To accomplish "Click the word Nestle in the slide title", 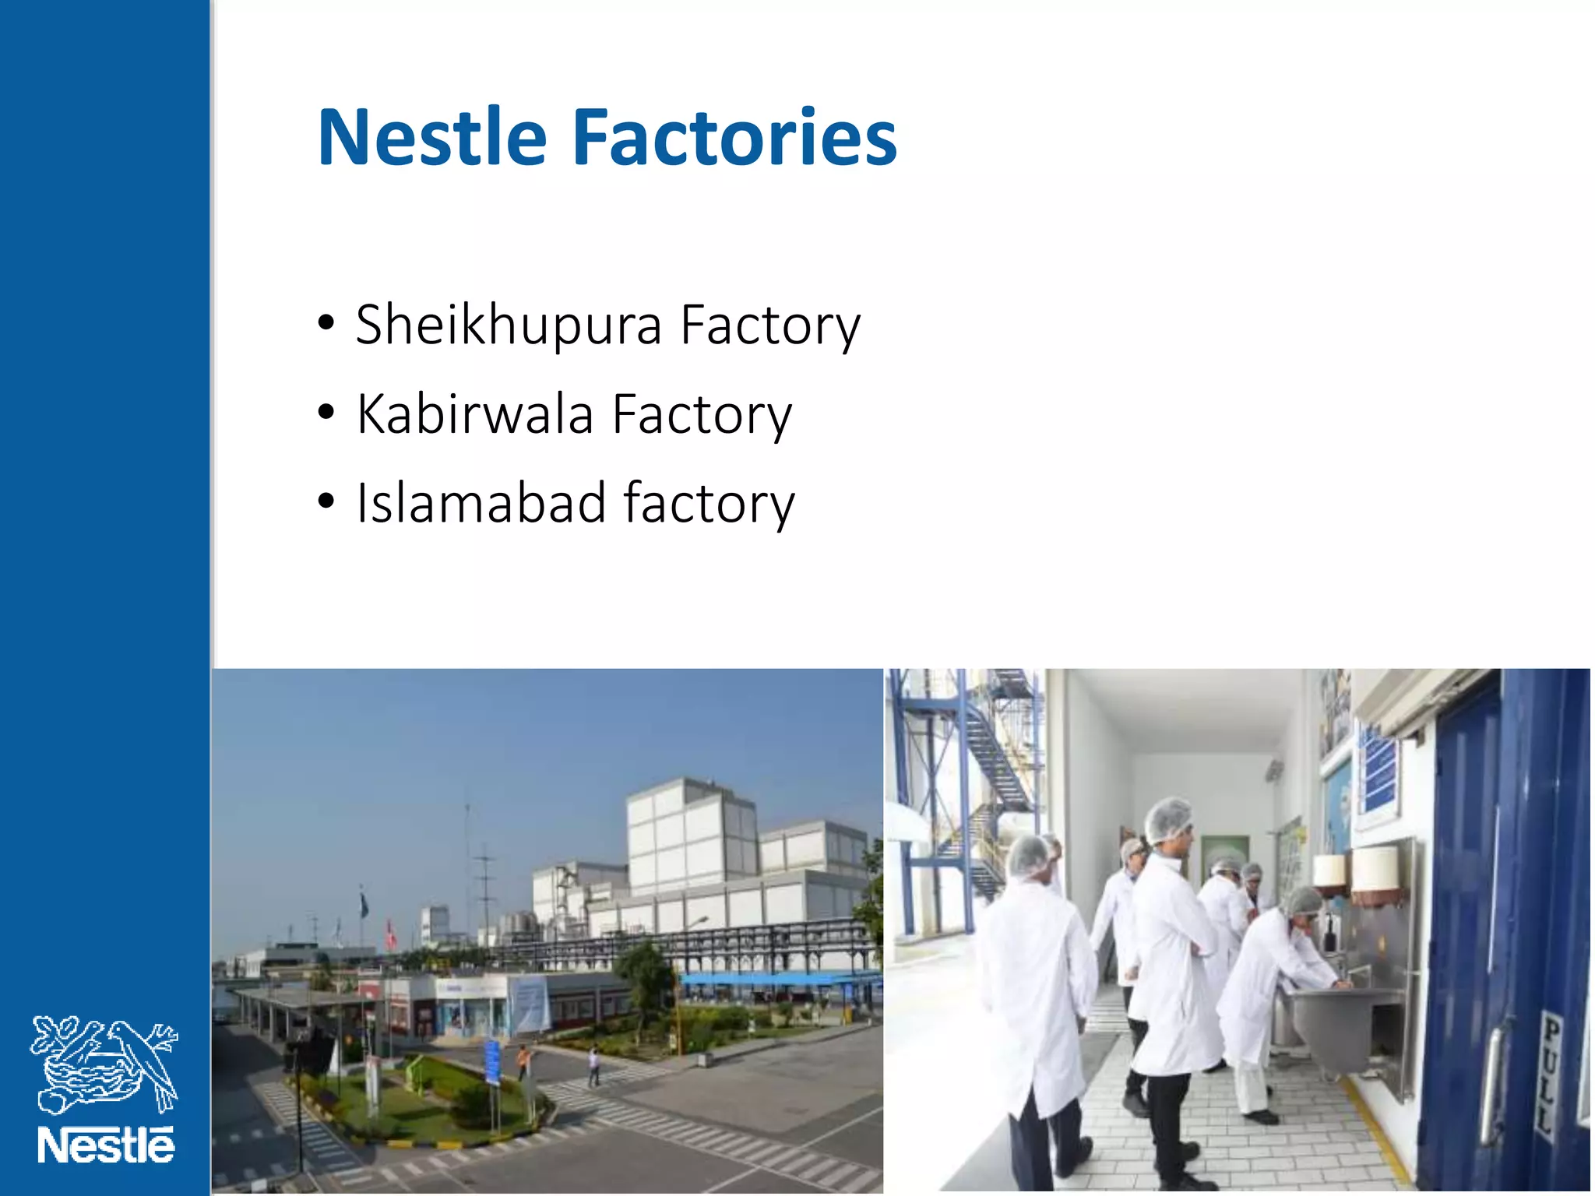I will (432, 138).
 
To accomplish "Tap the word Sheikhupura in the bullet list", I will (508, 325).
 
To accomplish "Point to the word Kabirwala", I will (475, 414).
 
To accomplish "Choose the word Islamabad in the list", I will (481, 503).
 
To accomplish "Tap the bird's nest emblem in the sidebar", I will (104, 1064).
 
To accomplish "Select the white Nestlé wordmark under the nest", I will (106, 1145).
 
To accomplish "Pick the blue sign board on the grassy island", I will (492, 1060).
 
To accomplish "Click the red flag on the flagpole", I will (390, 931).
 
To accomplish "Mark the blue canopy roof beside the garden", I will (779, 978).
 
